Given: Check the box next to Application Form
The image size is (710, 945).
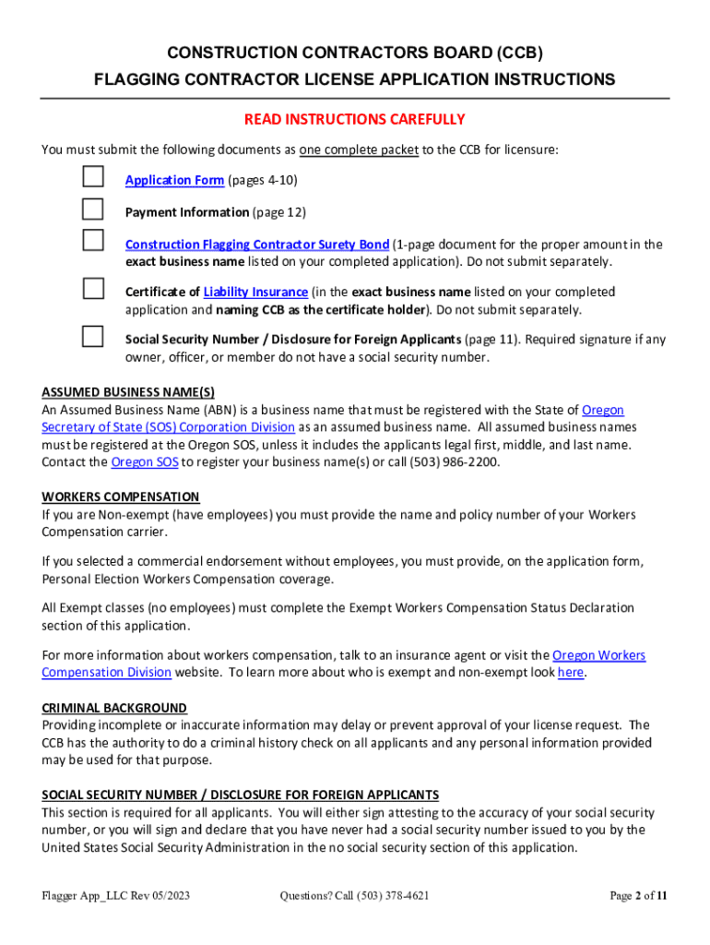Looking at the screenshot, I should pos(93,176).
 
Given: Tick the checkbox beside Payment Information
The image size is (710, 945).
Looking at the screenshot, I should pos(93,208).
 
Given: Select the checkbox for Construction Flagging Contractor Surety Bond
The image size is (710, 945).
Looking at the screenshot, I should pos(93,241).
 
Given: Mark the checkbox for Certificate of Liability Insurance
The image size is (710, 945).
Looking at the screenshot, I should pos(93,289).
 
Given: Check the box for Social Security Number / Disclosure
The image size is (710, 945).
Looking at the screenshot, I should pos(93,336).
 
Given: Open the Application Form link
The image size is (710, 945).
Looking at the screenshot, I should pos(174,180).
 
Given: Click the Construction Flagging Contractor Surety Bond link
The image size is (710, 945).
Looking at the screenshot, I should pos(256,245).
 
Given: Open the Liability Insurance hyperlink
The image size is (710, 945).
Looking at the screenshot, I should pos(255,293).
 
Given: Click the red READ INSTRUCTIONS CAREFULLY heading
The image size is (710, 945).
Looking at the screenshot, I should pos(354,120).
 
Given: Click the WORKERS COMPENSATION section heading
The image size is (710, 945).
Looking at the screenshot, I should pos(120,497).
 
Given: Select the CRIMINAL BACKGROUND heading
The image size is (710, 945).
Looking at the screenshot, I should pos(114,708).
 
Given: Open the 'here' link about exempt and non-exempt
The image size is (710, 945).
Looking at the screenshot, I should pos(571,673).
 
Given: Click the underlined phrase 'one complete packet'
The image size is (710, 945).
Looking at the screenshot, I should pos(358,150).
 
